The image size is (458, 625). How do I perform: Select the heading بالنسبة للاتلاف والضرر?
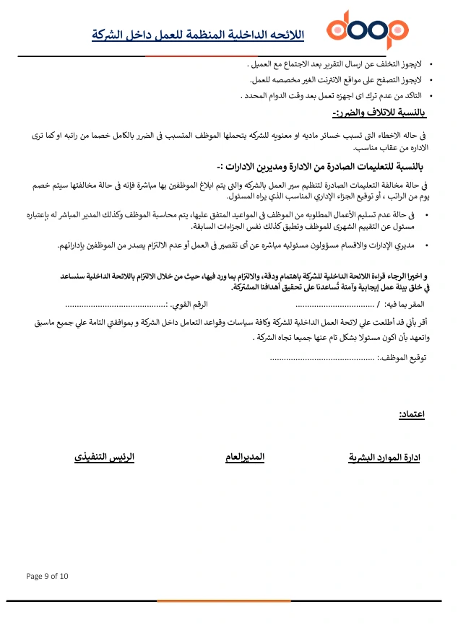pyautogui.click(x=380, y=113)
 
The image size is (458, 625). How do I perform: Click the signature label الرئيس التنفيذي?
pyautogui.click(x=105, y=457)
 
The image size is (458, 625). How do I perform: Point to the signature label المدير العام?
pyautogui.click(x=245, y=457)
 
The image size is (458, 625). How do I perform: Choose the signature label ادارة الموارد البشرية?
pyautogui.click(x=385, y=458)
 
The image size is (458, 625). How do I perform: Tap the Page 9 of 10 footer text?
pyautogui.click(x=47, y=576)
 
